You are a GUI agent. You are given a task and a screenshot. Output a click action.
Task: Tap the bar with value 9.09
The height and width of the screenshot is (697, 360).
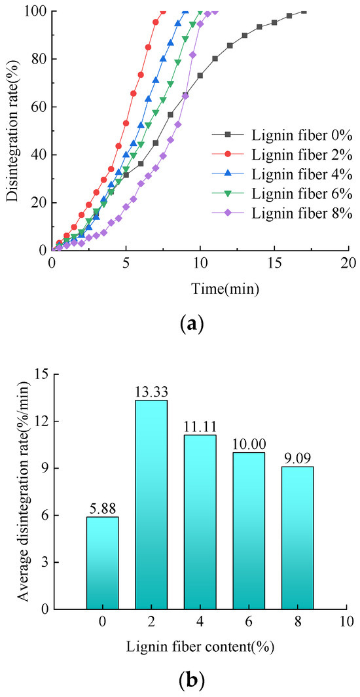[x=298, y=537]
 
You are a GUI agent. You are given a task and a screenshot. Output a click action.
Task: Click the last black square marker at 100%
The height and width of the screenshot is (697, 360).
[x=304, y=11]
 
